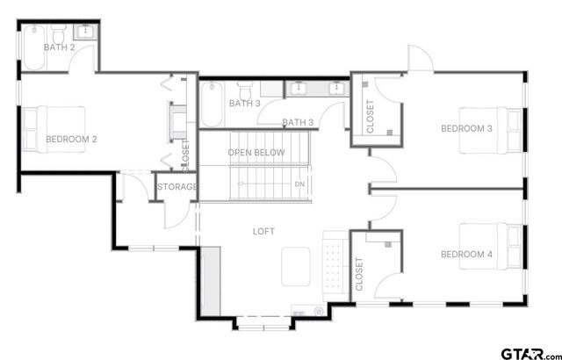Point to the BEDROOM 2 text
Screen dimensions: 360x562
(71, 139)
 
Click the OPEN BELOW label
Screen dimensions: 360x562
(256, 153)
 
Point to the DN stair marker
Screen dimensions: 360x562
(299, 184)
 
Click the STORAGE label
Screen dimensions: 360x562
(177, 187)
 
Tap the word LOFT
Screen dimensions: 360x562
(264, 232)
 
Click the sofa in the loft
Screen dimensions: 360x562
(333, 261)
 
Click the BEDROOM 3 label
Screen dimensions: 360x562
(466, 129)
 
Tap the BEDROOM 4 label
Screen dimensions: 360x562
(466, 255)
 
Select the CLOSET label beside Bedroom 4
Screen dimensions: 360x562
(359, 274)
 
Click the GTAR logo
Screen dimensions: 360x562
(526, 352)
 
